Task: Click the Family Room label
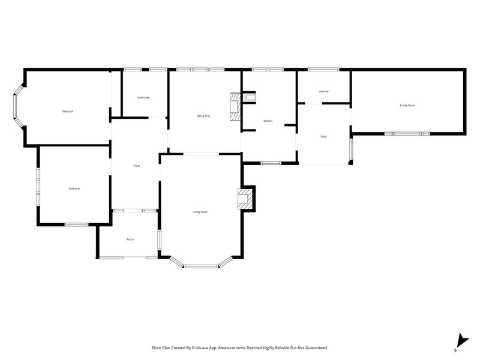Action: (407, 105)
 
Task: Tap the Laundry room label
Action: (323, 91)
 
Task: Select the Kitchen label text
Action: (268, 121)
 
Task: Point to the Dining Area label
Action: (203, 116)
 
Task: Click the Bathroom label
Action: (143, 97)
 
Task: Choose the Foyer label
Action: (136, 166)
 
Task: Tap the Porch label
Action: (130, 239)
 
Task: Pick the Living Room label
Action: (200, 212)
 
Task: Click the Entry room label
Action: (323, 137)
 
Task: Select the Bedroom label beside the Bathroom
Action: (68, 112)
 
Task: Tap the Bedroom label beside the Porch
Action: (74, 188)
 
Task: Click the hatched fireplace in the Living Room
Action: (245, 199)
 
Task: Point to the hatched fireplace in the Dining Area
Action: (235, 107)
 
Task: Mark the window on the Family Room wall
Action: (407, 133)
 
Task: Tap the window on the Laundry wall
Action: (323, 70)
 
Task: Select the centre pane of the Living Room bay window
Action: (201, 266)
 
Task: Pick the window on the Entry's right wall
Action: (351, 151)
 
